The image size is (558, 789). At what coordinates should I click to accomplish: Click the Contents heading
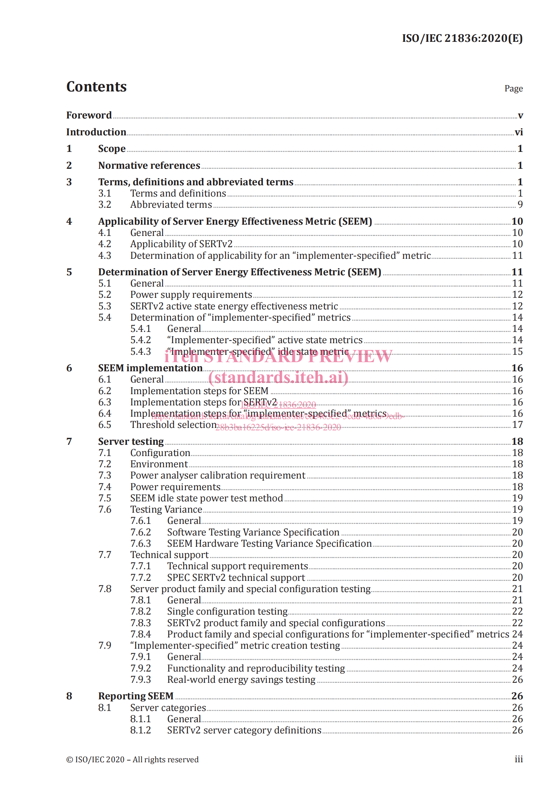(96, 87)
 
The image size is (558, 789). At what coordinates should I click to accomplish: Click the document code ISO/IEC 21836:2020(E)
(462, 38)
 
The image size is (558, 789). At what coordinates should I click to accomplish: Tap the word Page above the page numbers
(513, 89)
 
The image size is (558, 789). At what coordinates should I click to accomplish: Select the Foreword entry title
(89, 115)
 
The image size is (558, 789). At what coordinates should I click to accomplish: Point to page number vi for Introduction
(519, 132)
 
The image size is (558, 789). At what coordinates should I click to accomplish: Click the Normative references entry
(149, 165)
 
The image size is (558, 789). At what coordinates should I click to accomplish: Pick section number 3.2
(104, 205)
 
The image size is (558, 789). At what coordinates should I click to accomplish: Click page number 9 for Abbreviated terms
(520, 205)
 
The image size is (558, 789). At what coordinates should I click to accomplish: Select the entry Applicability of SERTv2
(181, 244)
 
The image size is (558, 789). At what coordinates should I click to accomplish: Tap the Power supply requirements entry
(191, 295)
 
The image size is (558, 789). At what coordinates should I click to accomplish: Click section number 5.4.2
(140, 340)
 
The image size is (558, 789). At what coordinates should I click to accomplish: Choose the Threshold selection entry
(173, 425)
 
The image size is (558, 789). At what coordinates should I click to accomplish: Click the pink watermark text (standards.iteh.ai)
(278, 377)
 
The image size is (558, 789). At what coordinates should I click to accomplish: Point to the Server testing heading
(131, 442)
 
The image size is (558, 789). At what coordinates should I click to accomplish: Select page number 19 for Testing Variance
(517, 509)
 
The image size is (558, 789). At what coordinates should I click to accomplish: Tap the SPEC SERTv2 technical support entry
(236, 578)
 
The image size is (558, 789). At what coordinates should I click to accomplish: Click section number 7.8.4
(140, 634)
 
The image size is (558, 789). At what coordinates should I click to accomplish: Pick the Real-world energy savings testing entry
(241, 680)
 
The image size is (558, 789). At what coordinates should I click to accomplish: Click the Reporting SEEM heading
(136, 696)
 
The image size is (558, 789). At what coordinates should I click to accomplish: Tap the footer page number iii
(519, 759)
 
